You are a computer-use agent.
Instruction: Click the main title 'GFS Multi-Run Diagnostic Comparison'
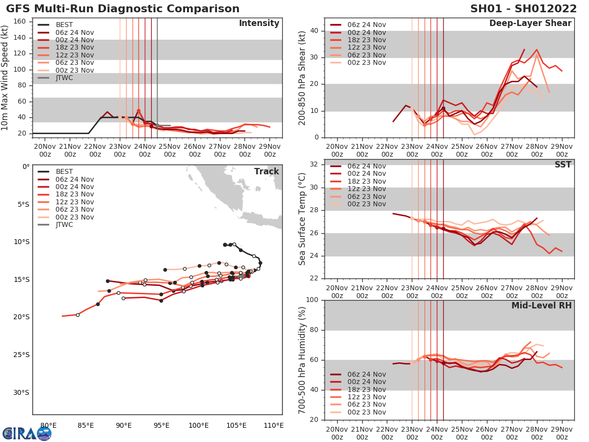click(123, 9)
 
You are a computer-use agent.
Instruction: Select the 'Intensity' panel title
click(259, 24)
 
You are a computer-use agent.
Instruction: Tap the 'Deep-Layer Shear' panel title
click(530, 24)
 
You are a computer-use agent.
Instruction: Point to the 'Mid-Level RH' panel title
click(541, 306)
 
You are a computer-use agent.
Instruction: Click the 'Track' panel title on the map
click(266, 171)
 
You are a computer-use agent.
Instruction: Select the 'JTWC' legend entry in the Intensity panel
click(65, 78)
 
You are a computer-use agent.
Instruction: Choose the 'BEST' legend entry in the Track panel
click(65, 171)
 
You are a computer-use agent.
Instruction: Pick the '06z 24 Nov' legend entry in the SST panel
click(366, 166)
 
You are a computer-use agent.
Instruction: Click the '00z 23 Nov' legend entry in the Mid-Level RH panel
click(366, 412)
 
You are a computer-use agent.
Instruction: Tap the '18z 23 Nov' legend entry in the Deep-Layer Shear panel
click(366, 40)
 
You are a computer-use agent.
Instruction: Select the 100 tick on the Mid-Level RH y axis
click(311, 300)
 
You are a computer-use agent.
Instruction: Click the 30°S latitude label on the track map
click(21, 392)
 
